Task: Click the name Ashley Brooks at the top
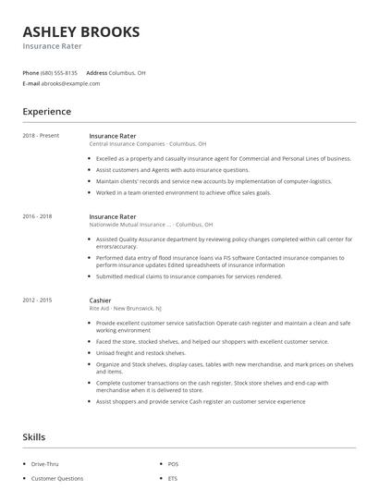(x=81, y=31)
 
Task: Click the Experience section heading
(x=46, y=112)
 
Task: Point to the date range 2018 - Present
(x=41, y=136)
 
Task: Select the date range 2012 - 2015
(x=37, y=300)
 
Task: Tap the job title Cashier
(x=100, y=300)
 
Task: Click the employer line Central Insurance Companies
(x=147, y=144)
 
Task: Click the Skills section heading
(x=33, y=436)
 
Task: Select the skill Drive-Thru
(x=46, y=463)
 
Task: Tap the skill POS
(x=173, y=463)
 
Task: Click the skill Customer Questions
(x=56, y=479)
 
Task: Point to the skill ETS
(x=173, y=479)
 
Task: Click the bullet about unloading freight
(x=141, y=353)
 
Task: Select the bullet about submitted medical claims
(x=189, y=275)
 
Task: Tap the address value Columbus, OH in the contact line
(x=128, y=72)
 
